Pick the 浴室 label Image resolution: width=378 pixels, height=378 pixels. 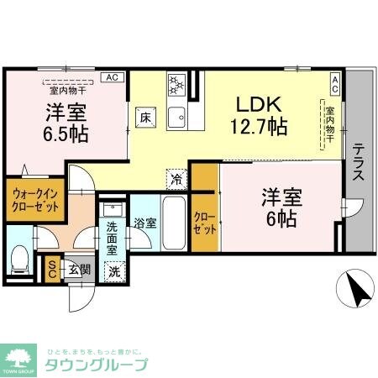coord(144,223)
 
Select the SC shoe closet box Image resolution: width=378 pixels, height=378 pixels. coord(50,269)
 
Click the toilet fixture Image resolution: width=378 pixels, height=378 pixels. coord(22,258)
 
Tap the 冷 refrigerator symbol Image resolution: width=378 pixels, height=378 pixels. coord(176,178)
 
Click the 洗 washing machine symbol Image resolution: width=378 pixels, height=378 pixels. coord(114,270)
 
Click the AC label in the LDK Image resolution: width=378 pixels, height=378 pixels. coord(334,81)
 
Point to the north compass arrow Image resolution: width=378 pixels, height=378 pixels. coord(354,290)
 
